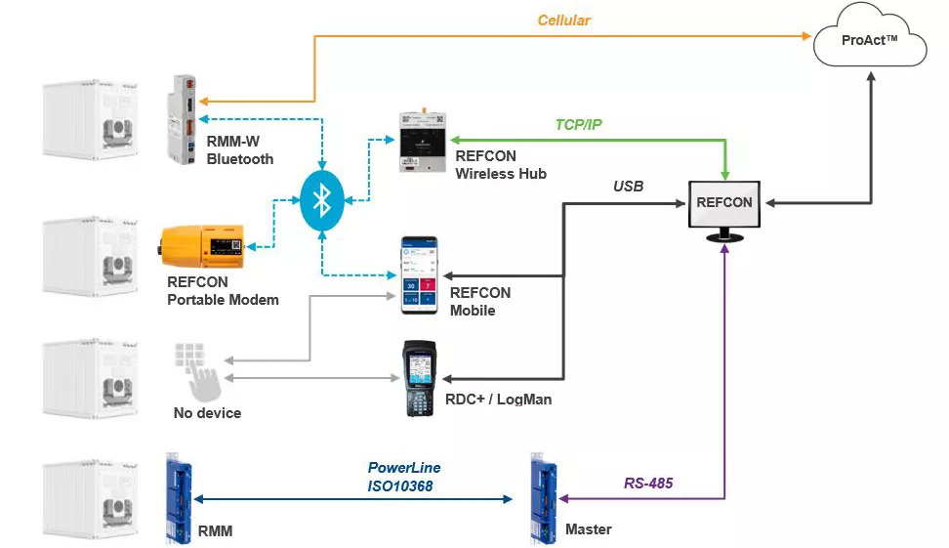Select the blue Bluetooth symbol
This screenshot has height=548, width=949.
(321, 201)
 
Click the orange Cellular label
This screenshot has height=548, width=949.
(563, 20)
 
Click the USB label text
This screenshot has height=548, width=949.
(628, 186)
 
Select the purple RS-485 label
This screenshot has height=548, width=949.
(648, 483)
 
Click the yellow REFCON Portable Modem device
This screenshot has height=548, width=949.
(205, 245)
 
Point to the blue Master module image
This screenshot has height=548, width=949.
(542, 497)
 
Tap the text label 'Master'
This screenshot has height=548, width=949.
(588, 529)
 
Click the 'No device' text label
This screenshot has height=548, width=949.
(207, 413)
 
